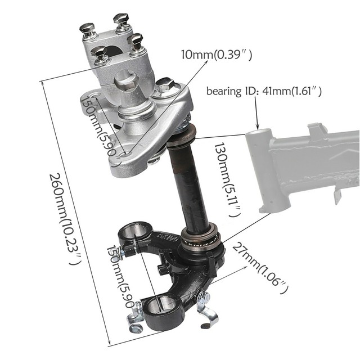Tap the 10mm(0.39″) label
pyautogui.click(x=216, y=55)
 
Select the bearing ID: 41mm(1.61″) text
pyautogui.click(x=264, y=91)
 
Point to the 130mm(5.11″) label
pyautogui.click(x=226, y=179)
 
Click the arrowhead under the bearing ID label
pyautogui.click(x=258, y=128)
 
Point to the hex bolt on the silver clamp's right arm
pyautogui.click(x=165, y=85)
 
